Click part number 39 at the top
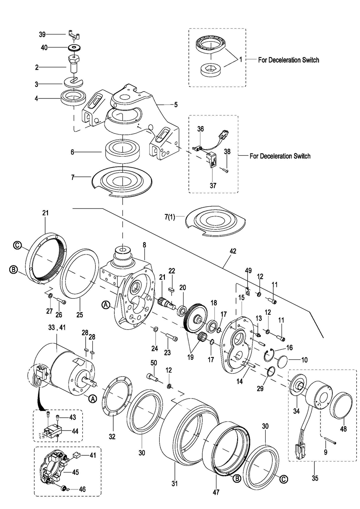(x=42, y=34)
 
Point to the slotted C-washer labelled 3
(x=74, y=82)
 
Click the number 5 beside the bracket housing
(x=176, y=105)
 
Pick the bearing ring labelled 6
(x=123, y=151)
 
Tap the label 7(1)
(x=170, y=217)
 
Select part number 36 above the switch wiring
(x=200, y=129)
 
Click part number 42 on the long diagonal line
(x=233, y=251)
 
